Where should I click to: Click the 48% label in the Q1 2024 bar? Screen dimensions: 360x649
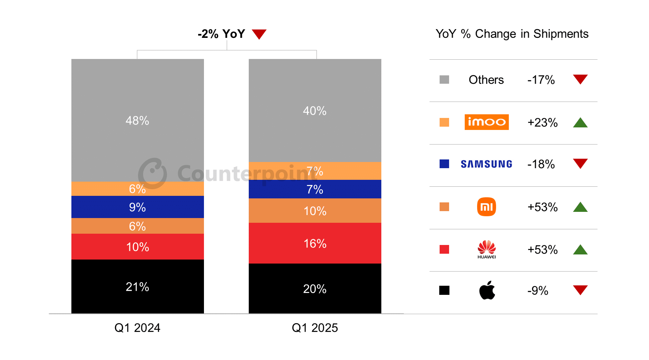click(137, 120)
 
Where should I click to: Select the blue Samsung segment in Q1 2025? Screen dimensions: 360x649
click(315, 189)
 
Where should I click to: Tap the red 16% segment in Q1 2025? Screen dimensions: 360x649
click(315, 243)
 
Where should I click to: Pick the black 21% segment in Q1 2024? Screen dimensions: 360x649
click(137, 286)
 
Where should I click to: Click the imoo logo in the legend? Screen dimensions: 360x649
click(486, 122)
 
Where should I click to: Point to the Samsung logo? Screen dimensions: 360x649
click(486, 164)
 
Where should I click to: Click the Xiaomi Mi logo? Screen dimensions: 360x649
click(486, 207)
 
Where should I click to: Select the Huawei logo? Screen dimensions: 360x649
click(487, 249)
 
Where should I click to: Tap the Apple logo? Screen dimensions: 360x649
click(487, 290)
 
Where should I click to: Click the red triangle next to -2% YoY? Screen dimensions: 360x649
click(259, 34)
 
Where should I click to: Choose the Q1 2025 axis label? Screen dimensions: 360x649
click(315, 328)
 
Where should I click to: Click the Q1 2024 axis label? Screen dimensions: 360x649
click(137, 328)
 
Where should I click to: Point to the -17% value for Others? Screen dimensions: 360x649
click(541, 80)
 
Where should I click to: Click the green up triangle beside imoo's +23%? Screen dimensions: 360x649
click(580, 123)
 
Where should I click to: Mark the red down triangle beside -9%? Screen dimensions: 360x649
click(580, 290)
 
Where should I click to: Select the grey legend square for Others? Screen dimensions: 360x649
click(444, 80)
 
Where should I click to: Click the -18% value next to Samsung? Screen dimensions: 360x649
click(541, 164)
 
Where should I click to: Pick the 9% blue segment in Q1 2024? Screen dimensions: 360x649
click(137, 207)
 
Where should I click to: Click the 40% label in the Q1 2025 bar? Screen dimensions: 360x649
click(315, 111)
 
